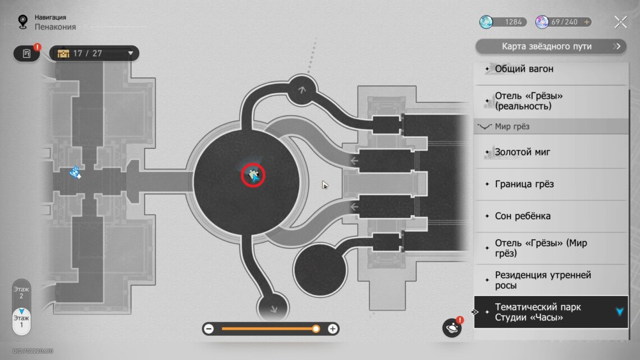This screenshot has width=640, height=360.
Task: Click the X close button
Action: click(620, 22)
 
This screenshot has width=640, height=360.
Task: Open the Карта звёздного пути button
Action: click(551, 47)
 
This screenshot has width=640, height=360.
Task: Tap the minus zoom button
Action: click(209, 329)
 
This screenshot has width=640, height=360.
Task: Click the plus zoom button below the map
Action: click(333, 329)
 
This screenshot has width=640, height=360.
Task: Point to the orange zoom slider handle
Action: click(316, 329)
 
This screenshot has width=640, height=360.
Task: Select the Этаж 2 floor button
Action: click(21, 293)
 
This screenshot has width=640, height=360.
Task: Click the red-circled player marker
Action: click(253, 176)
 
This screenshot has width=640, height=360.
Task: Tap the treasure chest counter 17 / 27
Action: click(94, 53)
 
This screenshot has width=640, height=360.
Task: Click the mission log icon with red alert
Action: click(27, 53)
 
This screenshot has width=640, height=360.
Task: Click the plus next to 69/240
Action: click(587, 22)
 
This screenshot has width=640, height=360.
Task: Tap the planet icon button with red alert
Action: click(452, 328)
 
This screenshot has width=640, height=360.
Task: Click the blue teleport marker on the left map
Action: click(75, 173)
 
